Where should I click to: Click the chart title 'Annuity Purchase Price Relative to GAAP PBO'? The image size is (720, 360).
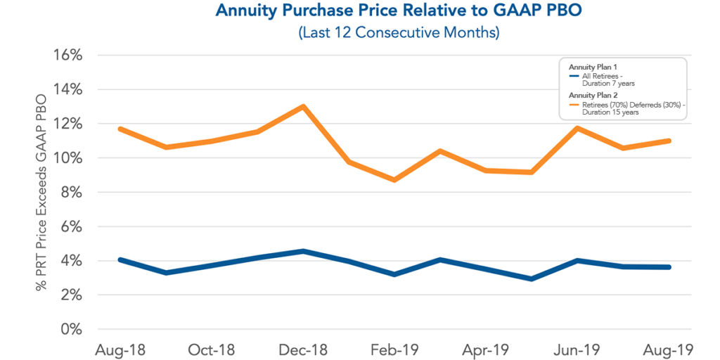coord(359,11)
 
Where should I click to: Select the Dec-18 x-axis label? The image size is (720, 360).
coord(302,349)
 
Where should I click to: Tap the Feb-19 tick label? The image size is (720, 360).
coord(394,349)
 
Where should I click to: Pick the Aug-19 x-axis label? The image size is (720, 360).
coord(668,349)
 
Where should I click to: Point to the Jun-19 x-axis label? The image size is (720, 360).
coord(577,349)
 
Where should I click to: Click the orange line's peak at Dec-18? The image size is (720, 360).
coord(303,107)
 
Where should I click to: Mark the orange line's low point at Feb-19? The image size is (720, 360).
coord(394,180)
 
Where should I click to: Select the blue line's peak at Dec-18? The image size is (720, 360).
coord(303,251)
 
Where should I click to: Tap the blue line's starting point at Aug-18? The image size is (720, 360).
coord(121,259)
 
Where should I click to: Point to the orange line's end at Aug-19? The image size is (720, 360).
coord(668,141)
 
